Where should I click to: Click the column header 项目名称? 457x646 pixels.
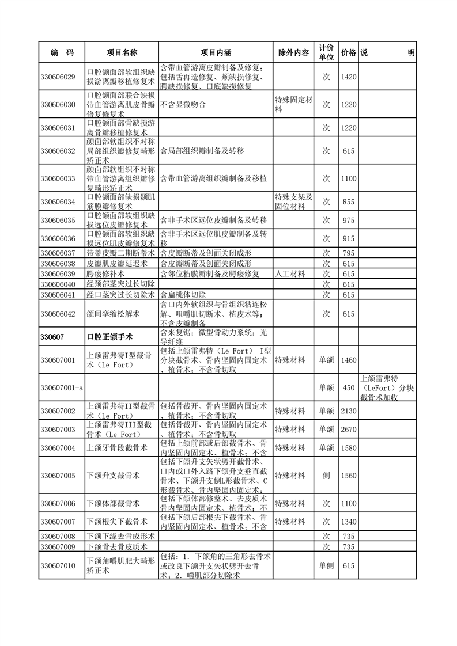click(x=122, y=52)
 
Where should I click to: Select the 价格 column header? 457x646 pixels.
click(x=348, y=52)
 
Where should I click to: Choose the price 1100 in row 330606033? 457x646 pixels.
click(x=348, y=178)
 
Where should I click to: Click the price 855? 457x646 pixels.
click(x=348, y=202)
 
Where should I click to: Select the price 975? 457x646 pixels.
click(x=348, y=221)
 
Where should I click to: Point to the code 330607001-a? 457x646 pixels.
click(x=62, y=388)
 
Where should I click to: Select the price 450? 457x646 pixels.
click(x=348, y=388)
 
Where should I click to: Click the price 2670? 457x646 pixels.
click(x=348, y=430)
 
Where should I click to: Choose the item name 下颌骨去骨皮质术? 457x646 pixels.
click(x=117, y=546)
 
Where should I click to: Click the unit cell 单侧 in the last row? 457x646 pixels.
click(x=326, y=566)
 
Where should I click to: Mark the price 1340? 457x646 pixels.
click(x=348, y=522)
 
